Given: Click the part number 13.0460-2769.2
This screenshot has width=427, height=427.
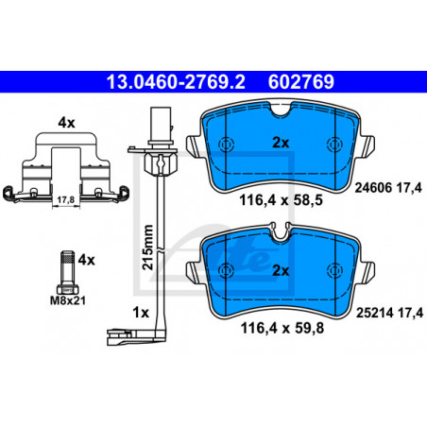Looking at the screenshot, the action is pos(176,82).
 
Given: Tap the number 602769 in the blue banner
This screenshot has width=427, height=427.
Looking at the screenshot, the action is pos(301,82).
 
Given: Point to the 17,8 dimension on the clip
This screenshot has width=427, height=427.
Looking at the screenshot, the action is pos(66,199).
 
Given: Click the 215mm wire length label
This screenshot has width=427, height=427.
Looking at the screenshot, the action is pos(147,247).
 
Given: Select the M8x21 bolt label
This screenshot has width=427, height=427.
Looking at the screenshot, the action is pos(68,300).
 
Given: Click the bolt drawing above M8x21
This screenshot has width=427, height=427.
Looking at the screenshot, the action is pos(67,272).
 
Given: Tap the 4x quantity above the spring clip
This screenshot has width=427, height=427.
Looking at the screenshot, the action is pos(66,123).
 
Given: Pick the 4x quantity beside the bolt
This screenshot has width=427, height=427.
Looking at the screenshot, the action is pos(86,260).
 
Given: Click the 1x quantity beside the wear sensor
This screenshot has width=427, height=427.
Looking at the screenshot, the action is pos(141,313).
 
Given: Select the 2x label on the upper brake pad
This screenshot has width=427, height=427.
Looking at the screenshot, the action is pos(281,143).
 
